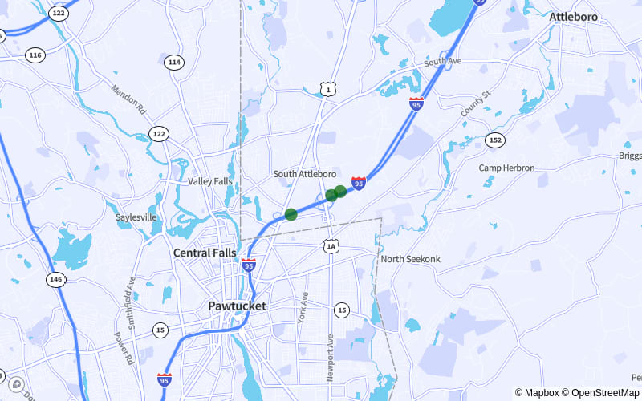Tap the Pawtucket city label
tap(237, 306)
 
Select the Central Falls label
tap(205, 253)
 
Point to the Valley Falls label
tap(210, 181)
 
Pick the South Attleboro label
tap(305, 174)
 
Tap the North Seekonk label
tap(410, 259)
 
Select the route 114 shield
tap(174, 62)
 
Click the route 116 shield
tap(35, 55)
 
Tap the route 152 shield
tap(495, 140)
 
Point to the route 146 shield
tap(55, 279)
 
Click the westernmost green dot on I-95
tap(291, 214)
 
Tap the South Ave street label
tap(443, 62)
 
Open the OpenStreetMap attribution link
tap(603, 393)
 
